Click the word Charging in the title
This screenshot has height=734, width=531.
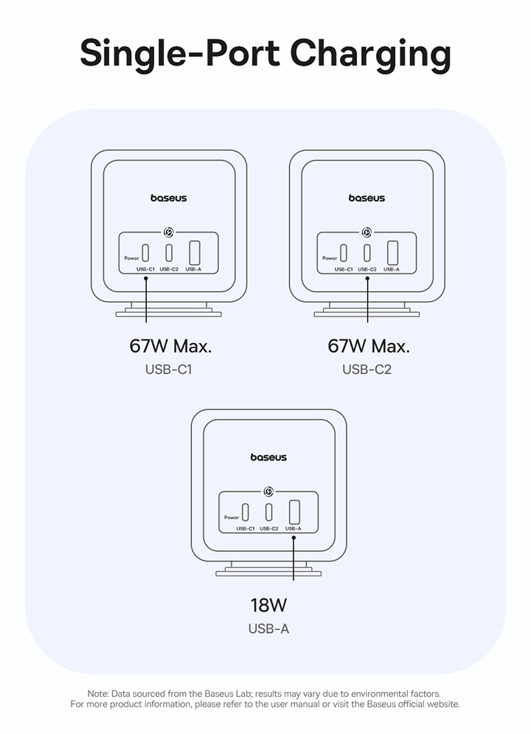point(370,55)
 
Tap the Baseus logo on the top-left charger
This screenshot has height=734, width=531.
point(169,198)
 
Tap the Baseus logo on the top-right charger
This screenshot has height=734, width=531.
point(367,198)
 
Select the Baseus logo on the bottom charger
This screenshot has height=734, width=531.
point(268,457)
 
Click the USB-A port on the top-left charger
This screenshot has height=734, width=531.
point(195,252)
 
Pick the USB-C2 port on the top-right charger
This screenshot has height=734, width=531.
point(367,253)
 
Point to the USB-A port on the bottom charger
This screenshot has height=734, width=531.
point(294,512)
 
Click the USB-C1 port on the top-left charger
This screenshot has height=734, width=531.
point(146,253)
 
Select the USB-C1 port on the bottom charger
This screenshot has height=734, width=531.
point(246,512)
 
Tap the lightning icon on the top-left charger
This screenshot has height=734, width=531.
point(169,230)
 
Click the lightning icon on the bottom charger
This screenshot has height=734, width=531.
point(268,490)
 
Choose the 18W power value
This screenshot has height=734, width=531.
point(268,606)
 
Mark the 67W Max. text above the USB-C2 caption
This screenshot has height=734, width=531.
point(368,346)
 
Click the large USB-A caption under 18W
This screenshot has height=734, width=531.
point(268,629)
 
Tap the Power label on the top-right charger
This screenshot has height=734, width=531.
point(330,258)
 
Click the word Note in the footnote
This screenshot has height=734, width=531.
point(97,693)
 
